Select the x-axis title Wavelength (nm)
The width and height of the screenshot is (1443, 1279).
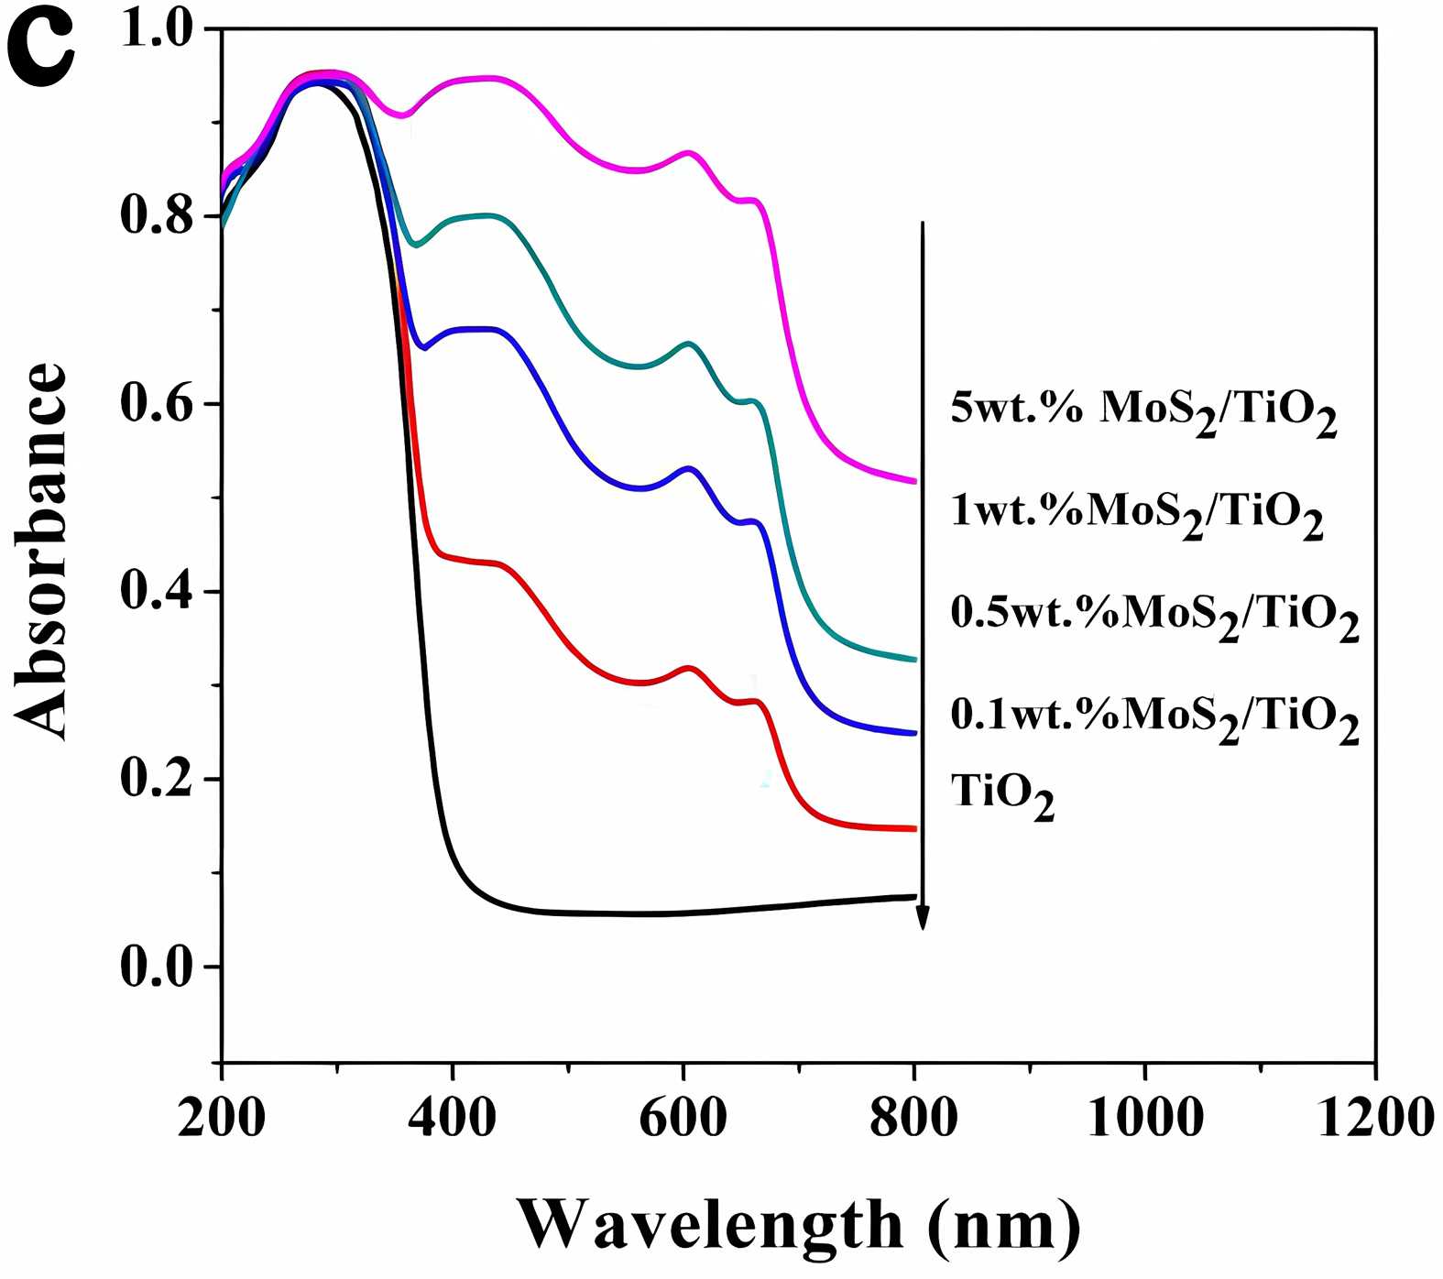[x=798, y=1224]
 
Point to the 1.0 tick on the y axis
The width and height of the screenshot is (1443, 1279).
[x=158, y=30]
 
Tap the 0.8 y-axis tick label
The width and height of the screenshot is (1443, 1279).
[x=158, y=217]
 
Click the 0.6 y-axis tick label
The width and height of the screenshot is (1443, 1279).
[x=158, y=404]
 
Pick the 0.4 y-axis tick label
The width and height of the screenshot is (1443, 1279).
[x=158, y=592]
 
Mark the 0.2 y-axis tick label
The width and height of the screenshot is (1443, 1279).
[x=158, y=779]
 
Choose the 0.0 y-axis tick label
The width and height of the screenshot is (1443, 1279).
[x=158, y=967]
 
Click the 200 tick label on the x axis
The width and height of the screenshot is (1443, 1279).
[x=222, y=1118]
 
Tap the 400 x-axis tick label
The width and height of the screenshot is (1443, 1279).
[x=453, y=1118]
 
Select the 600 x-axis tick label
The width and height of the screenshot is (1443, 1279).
[x=683, y=1118]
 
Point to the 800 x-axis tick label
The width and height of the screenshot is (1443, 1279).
[x=914, y=1118]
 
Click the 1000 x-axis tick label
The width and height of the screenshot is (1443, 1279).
[x=1145, y=1118]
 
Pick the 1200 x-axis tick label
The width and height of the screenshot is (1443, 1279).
[x=1375, y=1118]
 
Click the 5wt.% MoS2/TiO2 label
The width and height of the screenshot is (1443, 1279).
[x=1143, y=410]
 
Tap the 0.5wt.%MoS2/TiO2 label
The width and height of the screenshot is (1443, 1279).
[x=1154, y=616]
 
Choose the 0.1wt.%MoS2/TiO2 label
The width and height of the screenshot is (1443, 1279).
[x=1154, y=717]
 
